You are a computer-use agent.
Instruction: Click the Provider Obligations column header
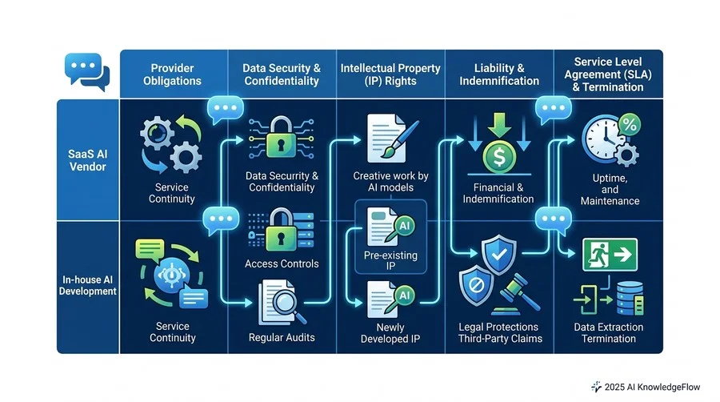pos(172,74)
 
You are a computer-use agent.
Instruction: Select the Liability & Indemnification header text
pos(499,74)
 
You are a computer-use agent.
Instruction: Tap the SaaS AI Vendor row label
pos(88,160)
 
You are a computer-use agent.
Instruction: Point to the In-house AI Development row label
pos(88,285)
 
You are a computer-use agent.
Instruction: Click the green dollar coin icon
pos(499,157)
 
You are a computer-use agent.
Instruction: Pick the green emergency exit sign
pos(610,254)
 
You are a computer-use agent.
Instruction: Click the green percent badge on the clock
pos(629,124)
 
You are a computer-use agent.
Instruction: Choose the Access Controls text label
pos(282,263)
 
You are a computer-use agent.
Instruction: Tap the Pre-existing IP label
pos(390,260)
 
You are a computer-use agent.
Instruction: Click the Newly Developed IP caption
pos(390,333)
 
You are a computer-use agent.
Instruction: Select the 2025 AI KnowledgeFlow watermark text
pos(652,388)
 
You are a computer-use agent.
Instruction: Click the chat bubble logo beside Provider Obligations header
pos(87,72)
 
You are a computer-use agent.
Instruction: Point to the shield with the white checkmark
pos(499,253)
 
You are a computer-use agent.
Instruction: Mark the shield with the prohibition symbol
pos(476,286)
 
